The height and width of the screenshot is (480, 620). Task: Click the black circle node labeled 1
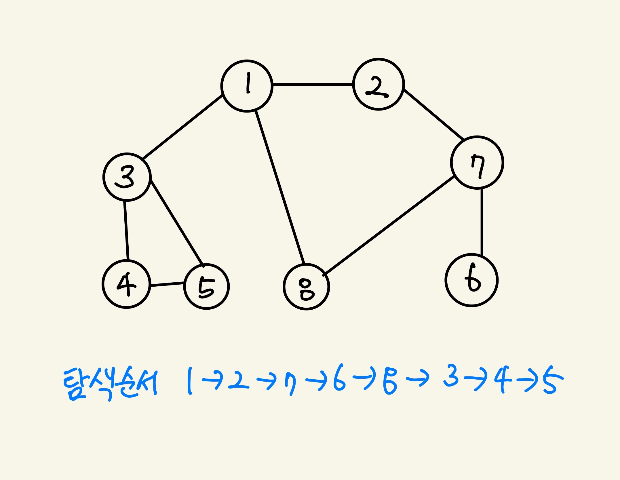point(247,86)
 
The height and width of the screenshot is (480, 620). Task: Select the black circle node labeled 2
point(379,84)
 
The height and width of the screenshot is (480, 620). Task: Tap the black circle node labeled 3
point(127,177)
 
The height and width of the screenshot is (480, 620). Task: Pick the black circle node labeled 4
point(126,284)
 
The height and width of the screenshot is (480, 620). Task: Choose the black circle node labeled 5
point(206,287)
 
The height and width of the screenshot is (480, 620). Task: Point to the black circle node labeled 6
point(471,280)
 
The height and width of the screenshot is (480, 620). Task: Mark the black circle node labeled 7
point(477,163)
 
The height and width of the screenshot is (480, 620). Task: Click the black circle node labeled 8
point(306,287)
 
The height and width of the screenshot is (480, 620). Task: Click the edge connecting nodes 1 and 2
point(313,85)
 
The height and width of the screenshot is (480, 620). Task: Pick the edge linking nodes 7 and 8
point(389,225)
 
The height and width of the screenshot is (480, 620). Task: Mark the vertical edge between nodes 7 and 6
point(482,222)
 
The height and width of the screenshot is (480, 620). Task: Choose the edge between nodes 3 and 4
point(126,230)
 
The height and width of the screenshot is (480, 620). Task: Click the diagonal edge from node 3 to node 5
point(177,222)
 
